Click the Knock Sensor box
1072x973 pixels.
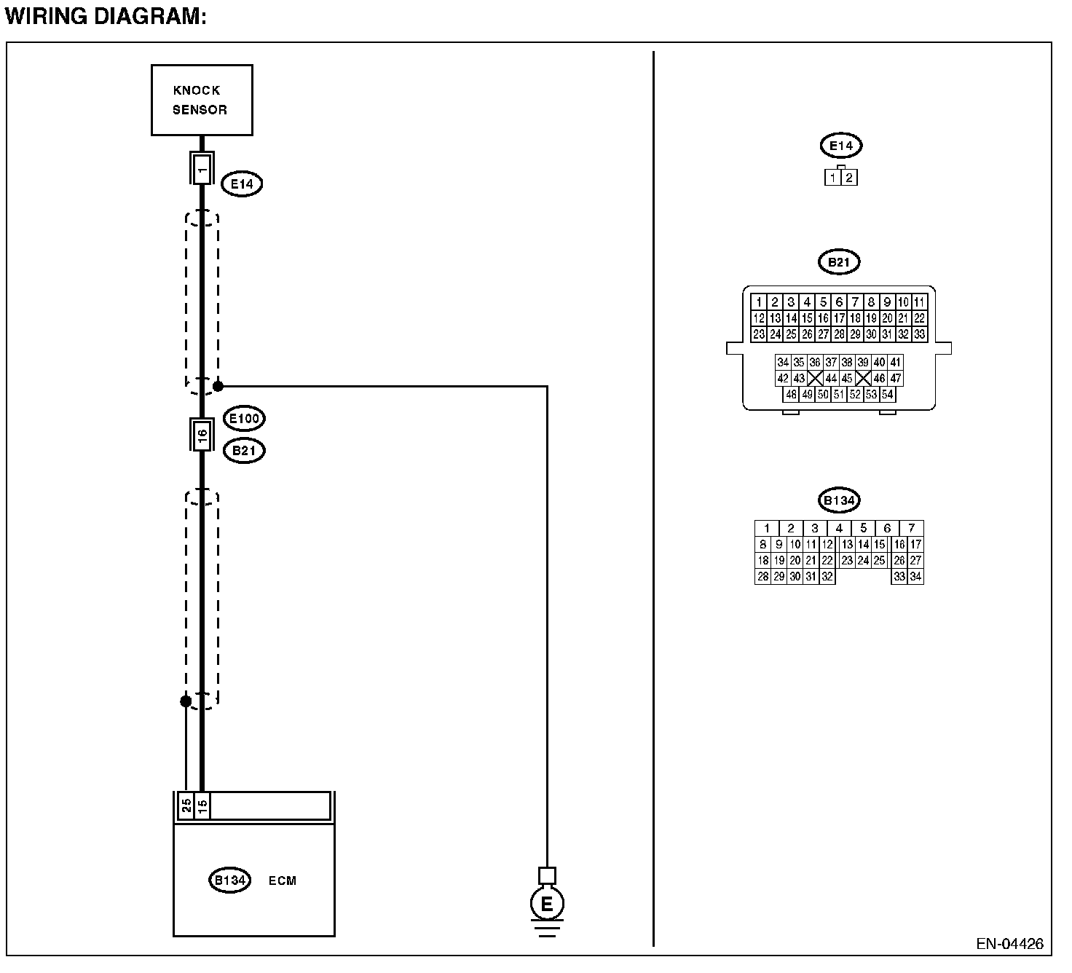202,100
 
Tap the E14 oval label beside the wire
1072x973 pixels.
242,184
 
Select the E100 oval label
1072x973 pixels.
244,419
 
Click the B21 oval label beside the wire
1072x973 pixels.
244,451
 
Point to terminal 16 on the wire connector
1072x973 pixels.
202,436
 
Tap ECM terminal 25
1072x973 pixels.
186,805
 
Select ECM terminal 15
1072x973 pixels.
202,805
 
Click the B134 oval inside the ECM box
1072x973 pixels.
229,881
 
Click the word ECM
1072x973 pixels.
283,881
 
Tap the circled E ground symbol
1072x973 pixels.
546,905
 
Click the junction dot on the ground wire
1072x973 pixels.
218,386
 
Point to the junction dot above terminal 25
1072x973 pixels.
186,701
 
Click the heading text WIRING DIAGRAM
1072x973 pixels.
106,17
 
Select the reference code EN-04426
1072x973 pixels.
1010,944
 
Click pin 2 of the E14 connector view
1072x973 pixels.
848,177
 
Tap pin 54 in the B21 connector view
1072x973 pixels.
887,395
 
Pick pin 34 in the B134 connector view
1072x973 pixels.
915,577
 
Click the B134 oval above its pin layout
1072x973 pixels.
839,500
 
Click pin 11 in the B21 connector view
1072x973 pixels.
919,302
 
